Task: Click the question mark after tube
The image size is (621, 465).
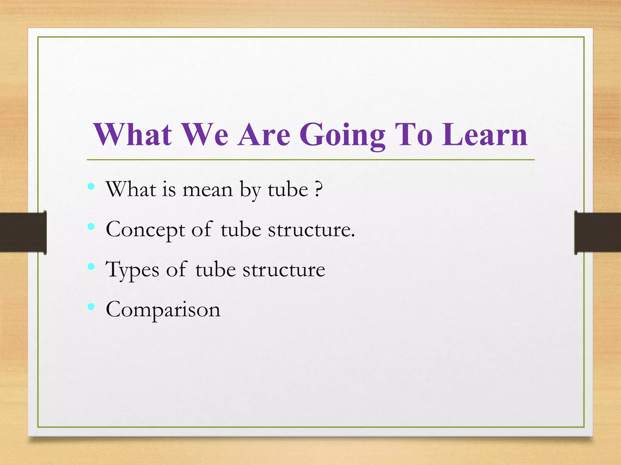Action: point(318,190)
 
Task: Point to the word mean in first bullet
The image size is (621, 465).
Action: point(207,190)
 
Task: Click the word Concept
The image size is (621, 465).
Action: point(145,230)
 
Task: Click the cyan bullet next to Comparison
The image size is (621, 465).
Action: point(91,307)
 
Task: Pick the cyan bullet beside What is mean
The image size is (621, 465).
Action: point(91,186)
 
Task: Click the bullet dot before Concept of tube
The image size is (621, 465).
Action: point(91,226)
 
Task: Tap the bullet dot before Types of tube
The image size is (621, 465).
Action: point(91,266)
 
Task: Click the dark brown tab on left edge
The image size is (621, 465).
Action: point(23,232)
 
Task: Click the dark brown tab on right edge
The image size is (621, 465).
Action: point(597,232)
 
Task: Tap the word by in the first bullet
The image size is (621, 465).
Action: point(250,190)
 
